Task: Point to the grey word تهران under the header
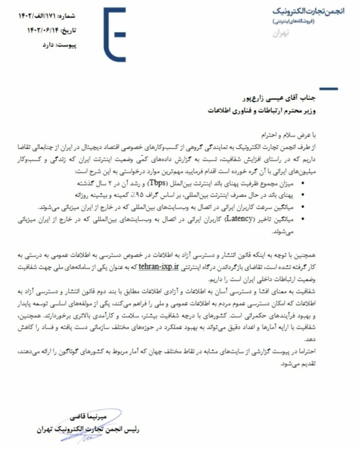click(281, 34)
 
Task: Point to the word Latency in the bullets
click(240, 219)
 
